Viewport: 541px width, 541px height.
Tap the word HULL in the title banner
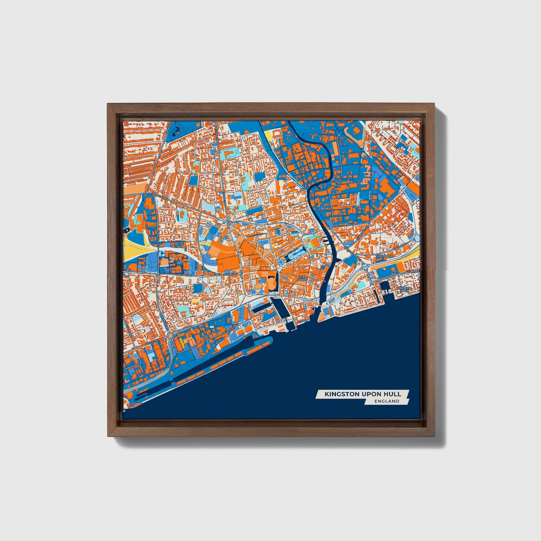click(393, 394)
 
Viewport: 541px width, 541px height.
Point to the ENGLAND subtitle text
click(386, 401)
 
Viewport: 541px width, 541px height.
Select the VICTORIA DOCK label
click(405, 289)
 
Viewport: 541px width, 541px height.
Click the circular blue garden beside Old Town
click(281, 262)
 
